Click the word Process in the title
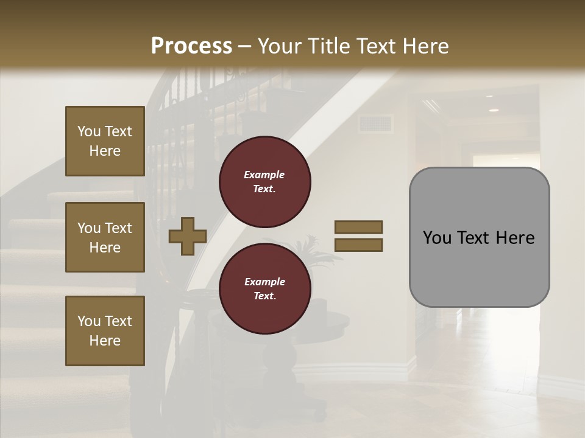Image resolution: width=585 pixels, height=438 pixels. coord(191,46)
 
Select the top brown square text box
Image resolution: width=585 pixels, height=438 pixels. coord(105,141)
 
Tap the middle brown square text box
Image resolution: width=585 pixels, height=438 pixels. coord(105,237)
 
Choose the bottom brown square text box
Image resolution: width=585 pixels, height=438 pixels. coord(105,331)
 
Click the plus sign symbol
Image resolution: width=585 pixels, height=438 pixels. coord(188,237)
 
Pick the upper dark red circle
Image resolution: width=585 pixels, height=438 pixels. coord(264,182)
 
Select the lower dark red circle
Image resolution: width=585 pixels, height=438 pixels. coord(264,289)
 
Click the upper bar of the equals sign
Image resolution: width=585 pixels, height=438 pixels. coord(358,228)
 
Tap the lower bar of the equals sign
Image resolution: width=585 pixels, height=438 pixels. coord(358,245)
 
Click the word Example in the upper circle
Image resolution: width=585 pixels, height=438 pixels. coord(264,175)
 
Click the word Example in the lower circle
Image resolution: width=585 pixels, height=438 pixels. coord(264,282)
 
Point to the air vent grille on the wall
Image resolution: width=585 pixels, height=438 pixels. coord(375,123)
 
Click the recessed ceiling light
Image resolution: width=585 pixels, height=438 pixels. coord(492,110)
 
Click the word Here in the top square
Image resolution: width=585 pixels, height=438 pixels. coord(105,151)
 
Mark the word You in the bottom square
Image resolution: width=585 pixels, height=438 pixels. coord(89,321)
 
